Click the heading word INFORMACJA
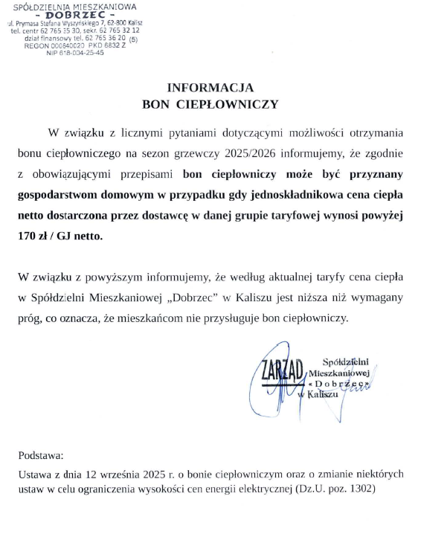click(x=210, y=87)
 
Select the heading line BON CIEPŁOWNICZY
click(x=210, y=104)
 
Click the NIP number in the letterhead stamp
click(x=77, y=53)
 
